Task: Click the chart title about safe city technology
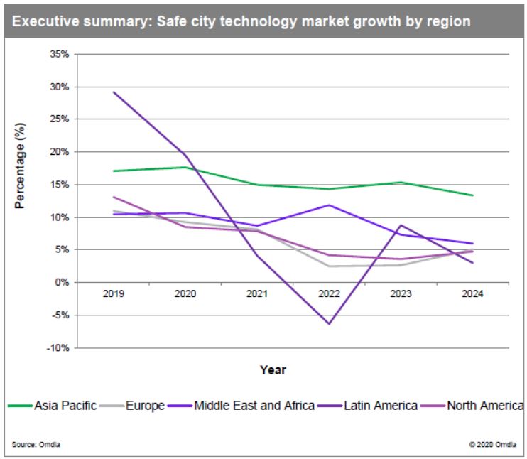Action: [x=241, y=21]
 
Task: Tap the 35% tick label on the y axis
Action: [x=58, y=54]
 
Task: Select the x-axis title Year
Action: [x=273, y=369]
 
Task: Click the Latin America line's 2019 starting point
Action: [x=114, y=92]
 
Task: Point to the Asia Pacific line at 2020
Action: [x=185, y=167]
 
